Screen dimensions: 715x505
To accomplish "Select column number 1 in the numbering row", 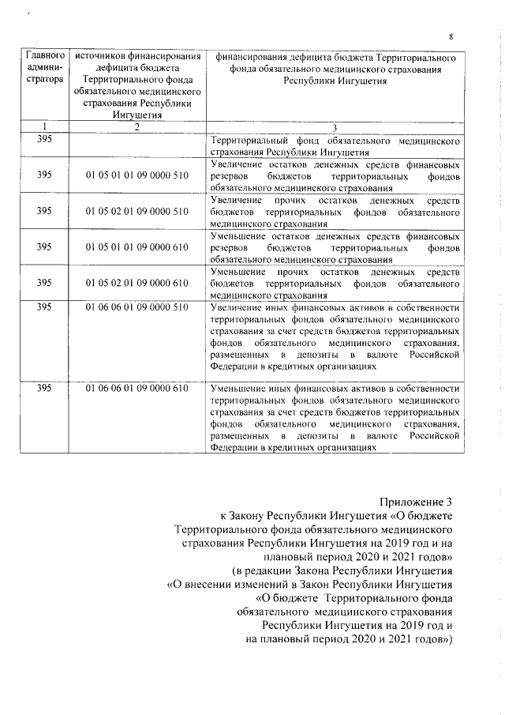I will (44, 129).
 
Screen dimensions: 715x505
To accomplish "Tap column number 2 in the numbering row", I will (137, 129).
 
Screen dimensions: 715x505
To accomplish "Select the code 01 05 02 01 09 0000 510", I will (137, 212).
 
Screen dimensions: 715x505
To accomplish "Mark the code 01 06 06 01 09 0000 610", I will (137, 389).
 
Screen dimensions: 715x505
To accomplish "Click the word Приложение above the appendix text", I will (411, 502).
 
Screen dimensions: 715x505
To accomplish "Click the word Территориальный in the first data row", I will (251, 141).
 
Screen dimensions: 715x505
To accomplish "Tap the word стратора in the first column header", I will (45, 82).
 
